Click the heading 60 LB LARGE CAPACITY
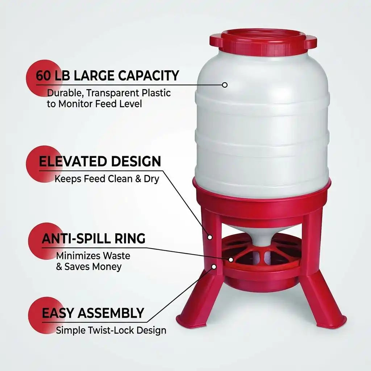pos(108,76)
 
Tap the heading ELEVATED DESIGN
pos(100,161)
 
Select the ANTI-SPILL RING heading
pos(93,238)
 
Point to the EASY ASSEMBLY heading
pos(93,313)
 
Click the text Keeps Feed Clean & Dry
pos(107,179)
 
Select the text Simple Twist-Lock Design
pos(111,330)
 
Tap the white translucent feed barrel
pos(262,123)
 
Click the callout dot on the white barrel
pos(225,85)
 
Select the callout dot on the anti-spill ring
pos(231,259)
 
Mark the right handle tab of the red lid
pos(311,42)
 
